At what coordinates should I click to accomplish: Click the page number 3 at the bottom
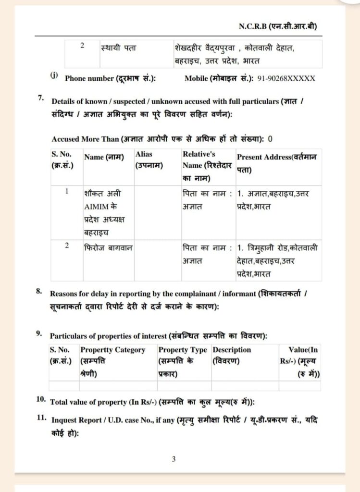(x=174, y=459)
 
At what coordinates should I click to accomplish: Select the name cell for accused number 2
(x=108, y=247)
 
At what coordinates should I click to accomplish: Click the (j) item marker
(x=53, y=75)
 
